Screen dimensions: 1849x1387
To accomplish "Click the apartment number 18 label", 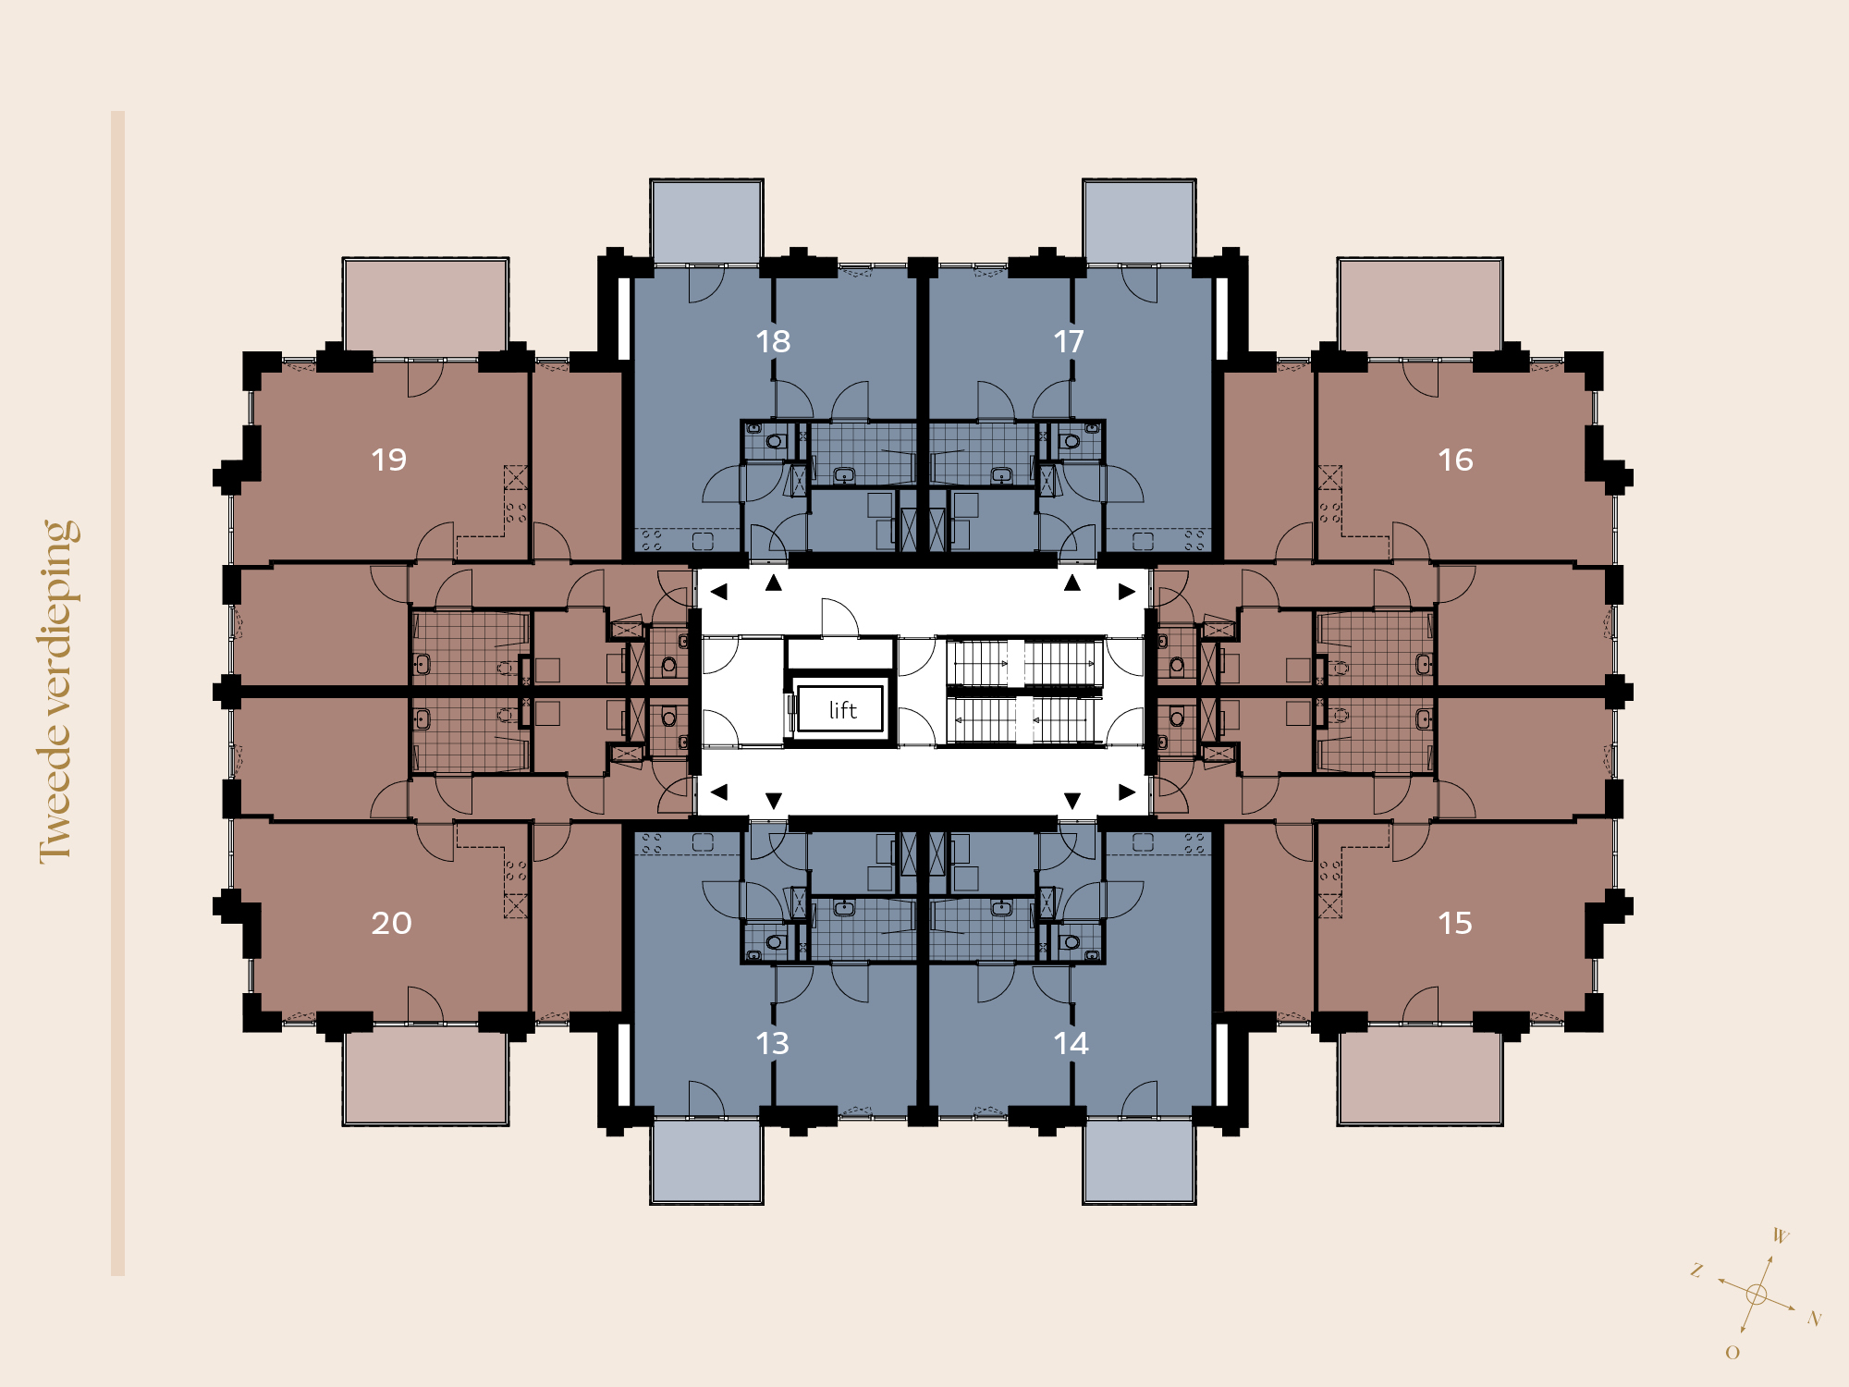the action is click(x=773, y=341).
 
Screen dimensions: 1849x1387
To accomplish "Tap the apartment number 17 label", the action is click(x=1069, y=341).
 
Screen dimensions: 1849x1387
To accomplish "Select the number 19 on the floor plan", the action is click(x=389, y=460).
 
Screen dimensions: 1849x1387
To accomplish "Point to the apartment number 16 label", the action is click(x=1455, y=460).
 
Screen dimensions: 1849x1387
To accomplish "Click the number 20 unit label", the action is click(x=391, y=923).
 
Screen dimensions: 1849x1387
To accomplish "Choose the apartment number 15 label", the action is click(x=1455, y=923).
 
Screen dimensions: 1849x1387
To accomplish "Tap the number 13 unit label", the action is click(x=773, y=1043).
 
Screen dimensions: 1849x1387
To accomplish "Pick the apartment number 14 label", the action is click(x=1071, y=1043).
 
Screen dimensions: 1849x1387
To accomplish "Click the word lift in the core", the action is click(x=842, y=709).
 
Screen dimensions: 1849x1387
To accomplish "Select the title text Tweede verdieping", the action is click(x=58, y=692).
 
